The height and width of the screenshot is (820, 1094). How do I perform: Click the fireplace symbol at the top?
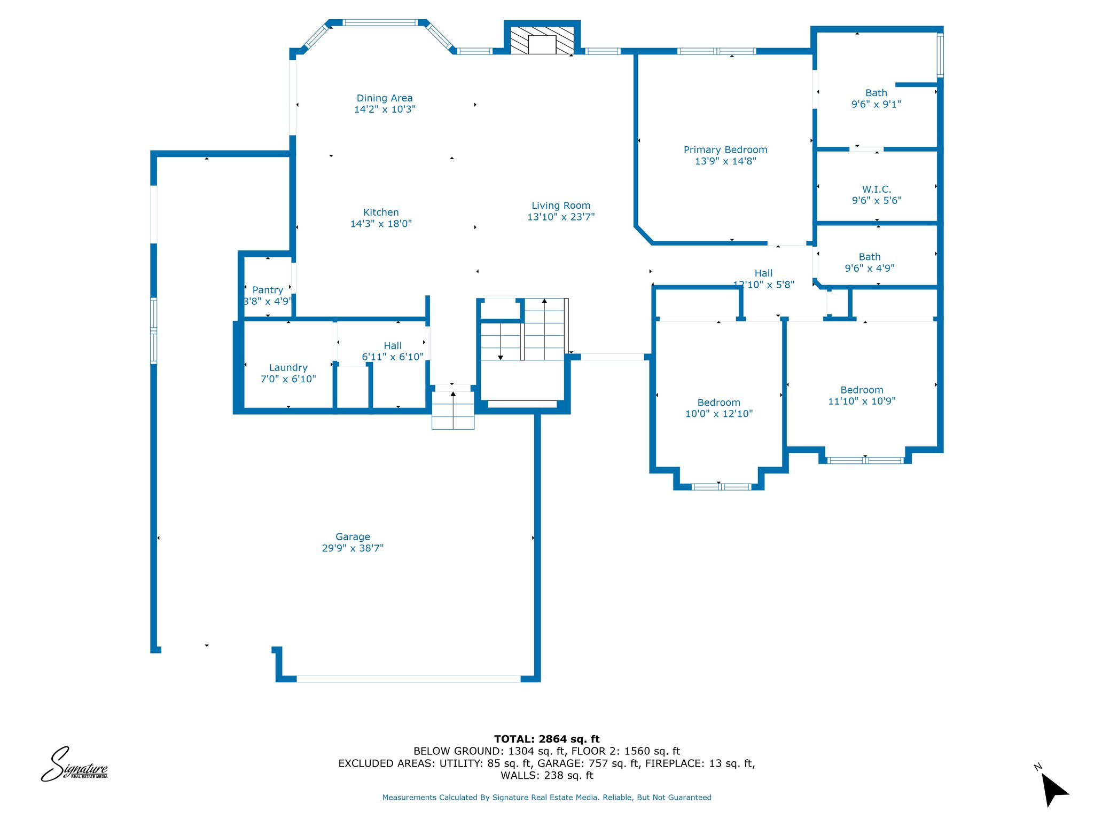tap(542, 40)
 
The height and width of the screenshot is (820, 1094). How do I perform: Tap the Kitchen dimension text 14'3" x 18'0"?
tap(381, 224)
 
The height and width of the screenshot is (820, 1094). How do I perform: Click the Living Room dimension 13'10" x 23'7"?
tap(561, 217)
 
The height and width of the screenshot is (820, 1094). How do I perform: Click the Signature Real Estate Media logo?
tap(74, 764)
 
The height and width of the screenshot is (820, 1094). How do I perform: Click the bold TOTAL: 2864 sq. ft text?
tap(547, 739)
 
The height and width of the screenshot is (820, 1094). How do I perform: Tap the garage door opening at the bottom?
tap(409, 679)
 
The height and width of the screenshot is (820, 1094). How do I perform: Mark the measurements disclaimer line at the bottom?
tap(546, 798)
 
